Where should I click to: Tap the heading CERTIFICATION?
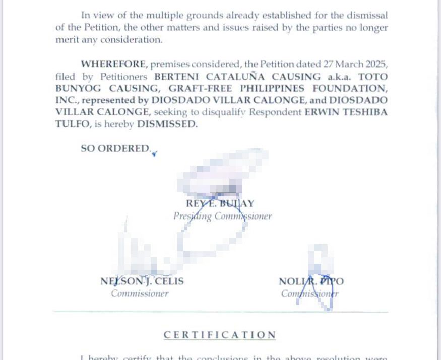[220, 335]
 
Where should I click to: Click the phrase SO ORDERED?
[115, 148]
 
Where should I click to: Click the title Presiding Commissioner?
[222, 217]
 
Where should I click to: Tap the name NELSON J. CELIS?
[142, 281]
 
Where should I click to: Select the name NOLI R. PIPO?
[311, 281]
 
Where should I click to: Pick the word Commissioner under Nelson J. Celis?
[140, 294]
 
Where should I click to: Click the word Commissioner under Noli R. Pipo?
[309, 294]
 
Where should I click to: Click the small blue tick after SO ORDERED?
[154, 154]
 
